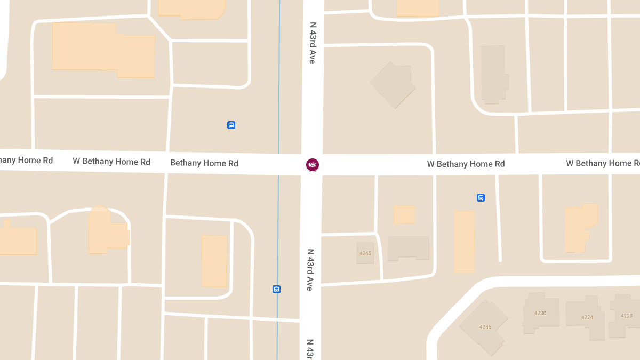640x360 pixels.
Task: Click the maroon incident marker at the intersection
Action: click(x=313, y=165)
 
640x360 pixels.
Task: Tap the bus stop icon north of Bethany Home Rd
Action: click(x=231, y=125)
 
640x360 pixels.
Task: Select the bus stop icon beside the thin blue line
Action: click(x=276, y=290)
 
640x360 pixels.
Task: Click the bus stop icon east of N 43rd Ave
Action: click(x=481, y=198)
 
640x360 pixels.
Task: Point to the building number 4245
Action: click(x=365, y=253)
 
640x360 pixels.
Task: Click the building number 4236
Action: click(x=485, y=327)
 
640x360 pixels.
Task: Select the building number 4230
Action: click(x=540, y=313)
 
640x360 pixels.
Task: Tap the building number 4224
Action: click(x=587, y=317)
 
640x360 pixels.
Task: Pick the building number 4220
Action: click(x=627, y=316)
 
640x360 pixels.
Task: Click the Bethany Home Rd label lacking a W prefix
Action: click(x=204, y=163)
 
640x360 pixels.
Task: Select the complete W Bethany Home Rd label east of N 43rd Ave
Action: click(x=466, y=164)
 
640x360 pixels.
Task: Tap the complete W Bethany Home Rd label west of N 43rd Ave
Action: click(x=111, y=162)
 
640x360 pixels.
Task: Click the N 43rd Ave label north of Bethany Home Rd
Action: click(x=313, y=43)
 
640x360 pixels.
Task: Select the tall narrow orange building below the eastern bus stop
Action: click(x=464, y=242)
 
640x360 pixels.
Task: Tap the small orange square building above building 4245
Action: click(x=404, y=214)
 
